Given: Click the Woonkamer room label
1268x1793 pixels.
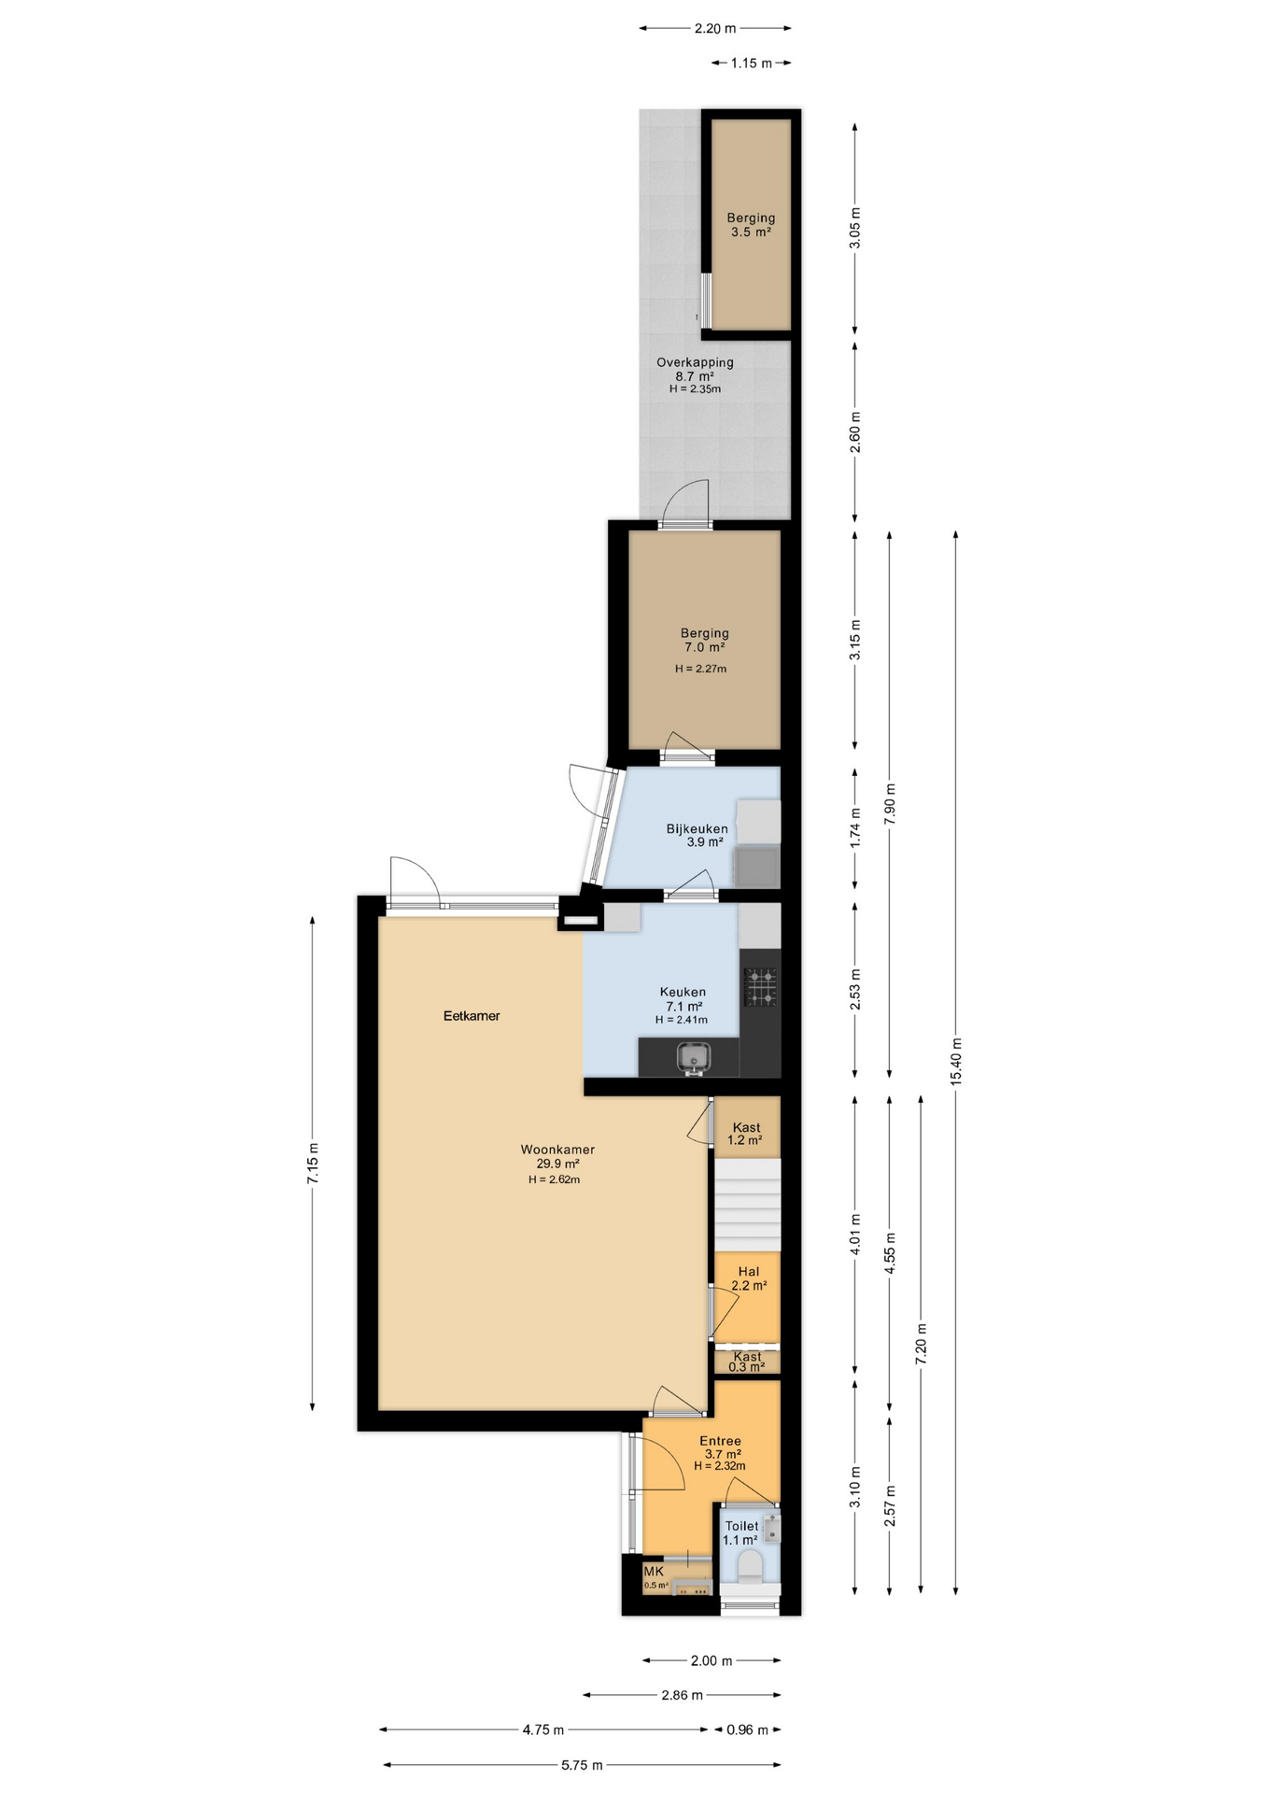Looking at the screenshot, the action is [557, 1150].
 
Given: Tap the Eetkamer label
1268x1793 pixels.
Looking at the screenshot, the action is [472, 1016].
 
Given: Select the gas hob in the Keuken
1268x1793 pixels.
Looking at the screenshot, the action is [760, 987].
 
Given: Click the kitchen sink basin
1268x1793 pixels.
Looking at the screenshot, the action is [693, 1057].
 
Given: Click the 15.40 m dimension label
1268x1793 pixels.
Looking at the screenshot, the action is [955, 1062].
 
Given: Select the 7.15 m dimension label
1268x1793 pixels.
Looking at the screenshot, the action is [313, 1164].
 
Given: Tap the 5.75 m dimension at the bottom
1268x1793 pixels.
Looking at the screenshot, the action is [582, 1765].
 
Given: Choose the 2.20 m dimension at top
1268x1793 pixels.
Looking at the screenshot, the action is [715, 28].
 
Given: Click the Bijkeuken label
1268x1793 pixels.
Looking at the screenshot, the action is [697, 828].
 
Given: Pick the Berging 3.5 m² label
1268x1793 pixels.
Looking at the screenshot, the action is [751, 225].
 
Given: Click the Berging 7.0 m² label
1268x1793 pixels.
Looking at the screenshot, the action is [704, 640].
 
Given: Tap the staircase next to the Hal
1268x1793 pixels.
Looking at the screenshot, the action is [747, 1205].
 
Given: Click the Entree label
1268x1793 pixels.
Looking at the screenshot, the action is [720, 1441].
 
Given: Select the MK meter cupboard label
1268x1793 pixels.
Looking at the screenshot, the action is [653, 1572].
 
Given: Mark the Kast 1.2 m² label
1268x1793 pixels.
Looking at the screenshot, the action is [745, 1134].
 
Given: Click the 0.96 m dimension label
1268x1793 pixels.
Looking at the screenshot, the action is [747, 1729].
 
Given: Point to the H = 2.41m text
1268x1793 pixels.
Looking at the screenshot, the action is [681, 1020].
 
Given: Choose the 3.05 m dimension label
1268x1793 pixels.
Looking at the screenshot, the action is [855, 228].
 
